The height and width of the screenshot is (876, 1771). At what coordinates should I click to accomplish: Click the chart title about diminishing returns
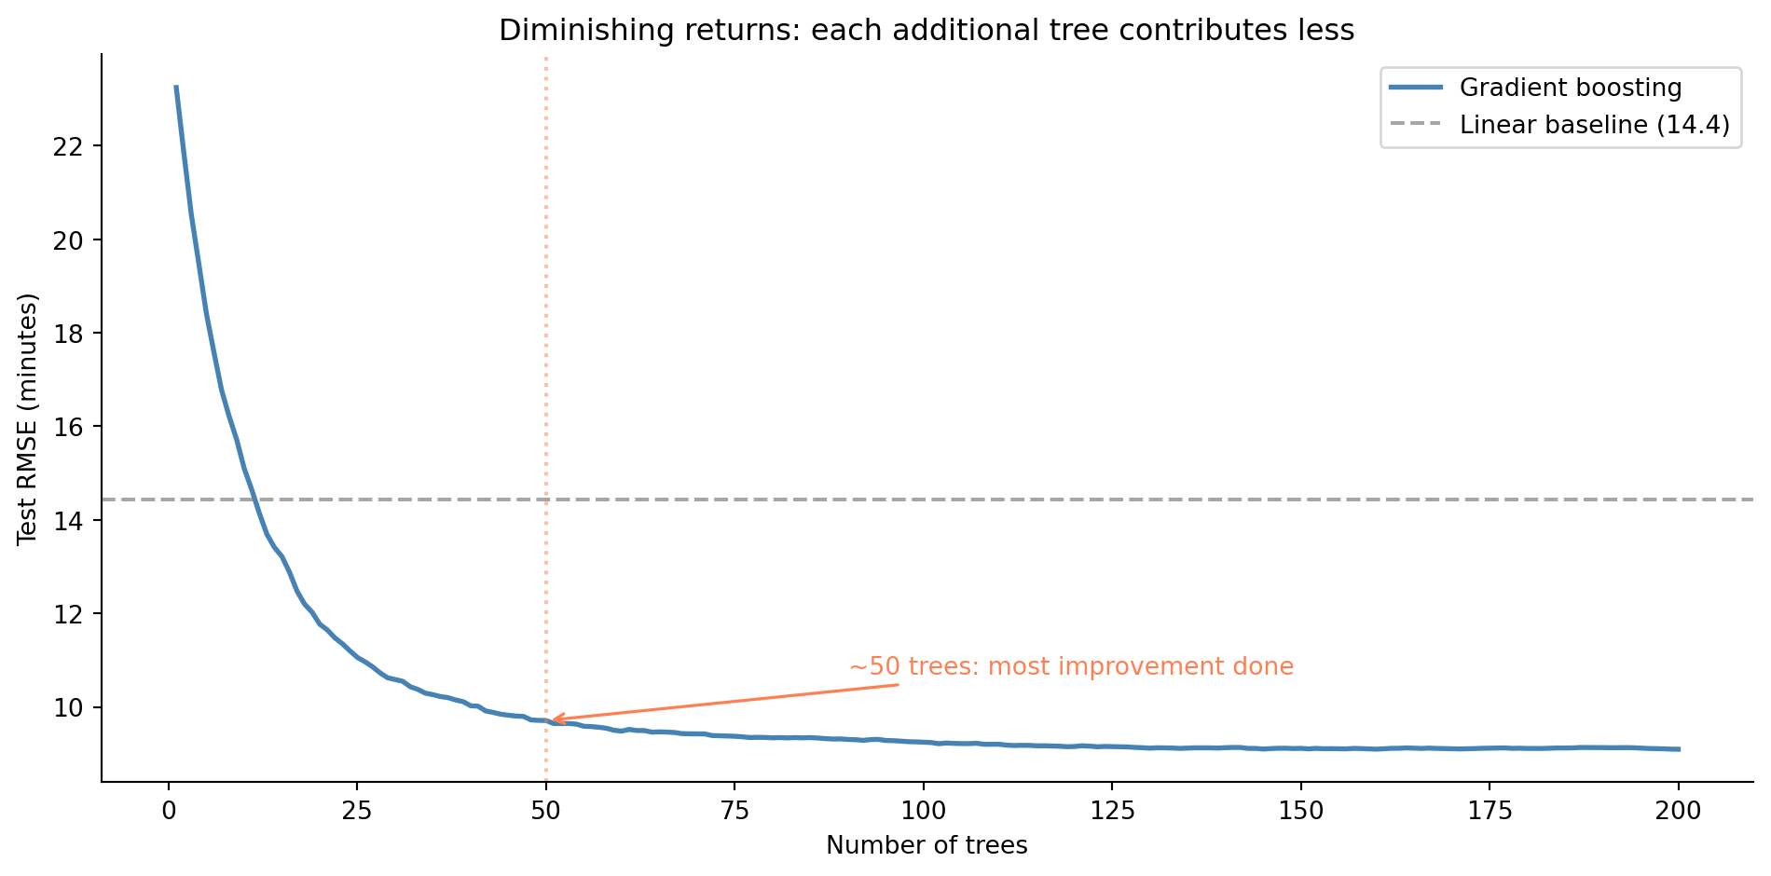pos(926,31)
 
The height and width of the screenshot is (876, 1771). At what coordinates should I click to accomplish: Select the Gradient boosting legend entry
pos(1570,88)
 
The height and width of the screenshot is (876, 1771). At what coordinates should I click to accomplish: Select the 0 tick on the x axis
pos(169,811)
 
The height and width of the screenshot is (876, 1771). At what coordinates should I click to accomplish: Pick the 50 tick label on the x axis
pos(546,811)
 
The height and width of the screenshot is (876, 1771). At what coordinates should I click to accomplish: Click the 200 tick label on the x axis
pos(1679,811)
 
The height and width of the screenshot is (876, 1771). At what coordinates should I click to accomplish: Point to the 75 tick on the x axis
pos(734,811)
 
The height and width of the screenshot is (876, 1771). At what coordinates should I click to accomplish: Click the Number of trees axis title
pos(926,845)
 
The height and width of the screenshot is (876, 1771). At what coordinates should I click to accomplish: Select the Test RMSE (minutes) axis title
pos(28,418)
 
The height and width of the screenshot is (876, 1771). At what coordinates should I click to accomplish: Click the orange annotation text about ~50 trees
pos(1071,667)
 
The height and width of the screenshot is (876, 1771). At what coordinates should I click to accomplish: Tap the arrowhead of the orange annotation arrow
pos(554,719)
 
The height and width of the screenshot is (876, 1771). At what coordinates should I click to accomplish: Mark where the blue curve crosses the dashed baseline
pos(254,500)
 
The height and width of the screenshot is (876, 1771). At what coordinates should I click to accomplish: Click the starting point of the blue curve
pos(176,87)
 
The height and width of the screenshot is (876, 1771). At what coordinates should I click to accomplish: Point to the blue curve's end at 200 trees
pos(1679,748)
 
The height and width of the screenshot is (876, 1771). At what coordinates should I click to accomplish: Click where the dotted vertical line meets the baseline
pos(546,500)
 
